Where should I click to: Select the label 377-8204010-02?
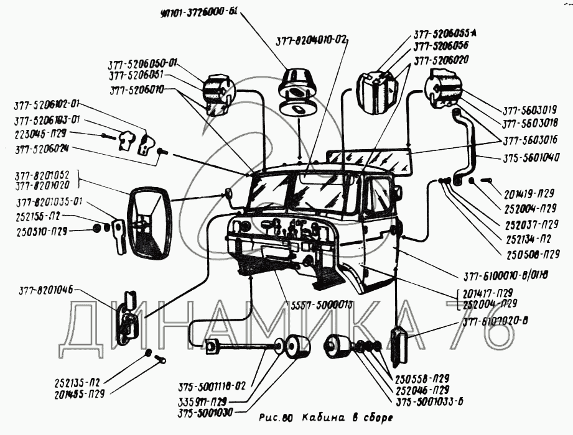point(311,40)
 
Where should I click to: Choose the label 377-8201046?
point(45,289)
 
